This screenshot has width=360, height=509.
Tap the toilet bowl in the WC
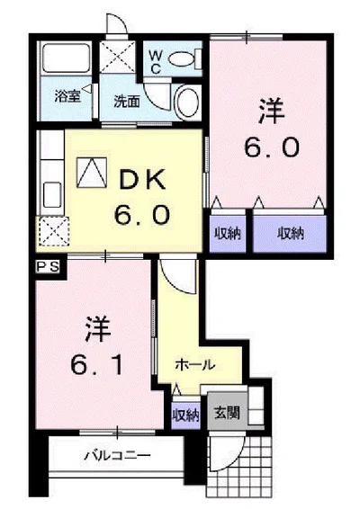(x=181, y=59)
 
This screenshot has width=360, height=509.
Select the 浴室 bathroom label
(x=67, y=96)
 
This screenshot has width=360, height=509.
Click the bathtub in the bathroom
(x=66, y=58)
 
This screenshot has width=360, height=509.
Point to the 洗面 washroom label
(x=127, y=102)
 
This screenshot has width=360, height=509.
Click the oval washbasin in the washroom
(x=187, y=103)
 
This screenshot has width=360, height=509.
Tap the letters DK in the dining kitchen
(x=143, y=180)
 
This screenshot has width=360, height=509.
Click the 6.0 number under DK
(x=142, y=215)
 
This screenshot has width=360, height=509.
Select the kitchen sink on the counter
(x=52, y=195)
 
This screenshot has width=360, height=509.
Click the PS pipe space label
(x=48, y=267)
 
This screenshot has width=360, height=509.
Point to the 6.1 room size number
(x=97, y=364)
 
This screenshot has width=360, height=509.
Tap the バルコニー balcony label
(x=118, y=455)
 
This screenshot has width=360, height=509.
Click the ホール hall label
(x=195, y=365)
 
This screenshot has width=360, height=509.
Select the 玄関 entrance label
(x=227, y=414)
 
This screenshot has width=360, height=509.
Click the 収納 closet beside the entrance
(x=185, y=415)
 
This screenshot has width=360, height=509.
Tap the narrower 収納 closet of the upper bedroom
(x=228, y=234)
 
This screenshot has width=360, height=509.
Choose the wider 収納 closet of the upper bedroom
(x=290, y=234)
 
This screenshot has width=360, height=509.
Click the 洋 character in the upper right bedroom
(x=271, y=112)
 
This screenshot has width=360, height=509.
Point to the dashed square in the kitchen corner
(x=54, y=231)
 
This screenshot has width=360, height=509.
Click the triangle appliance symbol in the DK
(x=92, y=173)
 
